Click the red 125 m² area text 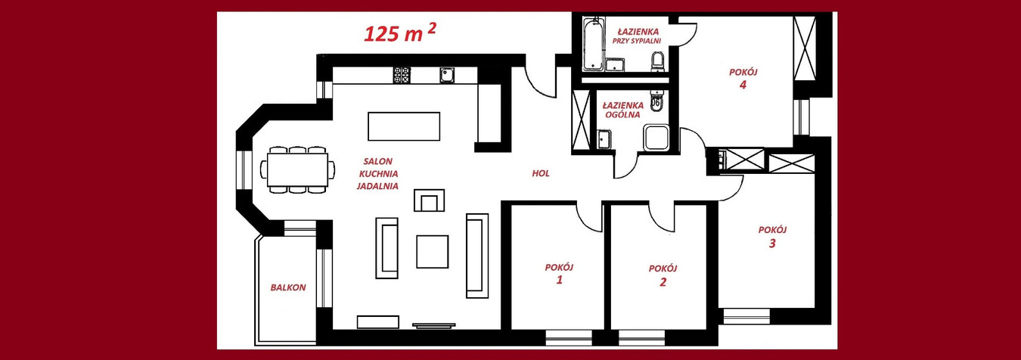click(x=400, y=33)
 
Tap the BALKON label click(x=288, y=287)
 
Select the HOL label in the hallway click(x=541, y=173)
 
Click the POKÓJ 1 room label click(x=559, y=274)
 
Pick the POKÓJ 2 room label click(x=663, y=275)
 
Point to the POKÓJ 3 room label click(x=773, y=237)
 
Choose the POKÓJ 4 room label click(x=743, y=79)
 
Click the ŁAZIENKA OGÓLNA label click(x=623, y=110)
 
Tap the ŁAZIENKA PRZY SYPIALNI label click(x=638, y=36)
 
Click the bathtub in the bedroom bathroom click(x=594, y=44)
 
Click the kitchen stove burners click(x=402, y=75)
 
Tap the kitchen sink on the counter click(x=447, y=75)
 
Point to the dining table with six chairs click(x=297, y=169)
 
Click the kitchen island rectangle click(x=404, y=126)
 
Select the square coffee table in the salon click(x=432, y=252)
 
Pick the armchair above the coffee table click(x=429, y=200)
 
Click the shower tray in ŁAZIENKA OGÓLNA click(x=656, y=138)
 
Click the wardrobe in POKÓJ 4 click(x=805, y=48)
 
